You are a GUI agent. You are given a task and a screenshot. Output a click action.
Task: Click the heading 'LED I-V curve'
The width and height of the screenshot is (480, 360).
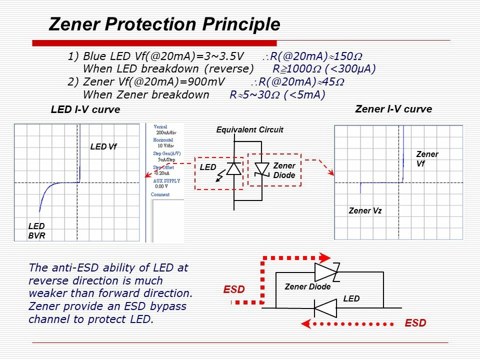point(85,110)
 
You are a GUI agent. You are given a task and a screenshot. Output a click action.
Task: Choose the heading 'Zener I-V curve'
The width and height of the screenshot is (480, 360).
point(393,109)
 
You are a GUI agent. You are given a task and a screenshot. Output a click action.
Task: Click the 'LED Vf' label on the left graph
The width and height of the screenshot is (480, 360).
point(103,147)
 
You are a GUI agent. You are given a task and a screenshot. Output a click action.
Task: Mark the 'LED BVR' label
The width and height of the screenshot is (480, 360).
point(37,231)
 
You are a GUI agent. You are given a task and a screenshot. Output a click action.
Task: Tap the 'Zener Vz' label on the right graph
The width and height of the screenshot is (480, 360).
point(365,211)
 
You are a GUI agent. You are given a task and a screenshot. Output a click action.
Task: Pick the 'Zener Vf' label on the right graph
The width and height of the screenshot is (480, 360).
point(426,158)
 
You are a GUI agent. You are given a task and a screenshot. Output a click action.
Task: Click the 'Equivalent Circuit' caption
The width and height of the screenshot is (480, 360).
point(249,130)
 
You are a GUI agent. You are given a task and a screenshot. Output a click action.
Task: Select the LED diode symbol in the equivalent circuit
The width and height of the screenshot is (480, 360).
point(233,168)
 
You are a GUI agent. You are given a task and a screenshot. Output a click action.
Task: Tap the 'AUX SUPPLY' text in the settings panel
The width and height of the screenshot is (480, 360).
point(167,180)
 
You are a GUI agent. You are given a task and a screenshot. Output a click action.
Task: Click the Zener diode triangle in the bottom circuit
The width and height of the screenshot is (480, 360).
point(325,272)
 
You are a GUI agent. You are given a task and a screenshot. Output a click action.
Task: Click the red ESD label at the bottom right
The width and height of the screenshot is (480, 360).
point(415,323)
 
